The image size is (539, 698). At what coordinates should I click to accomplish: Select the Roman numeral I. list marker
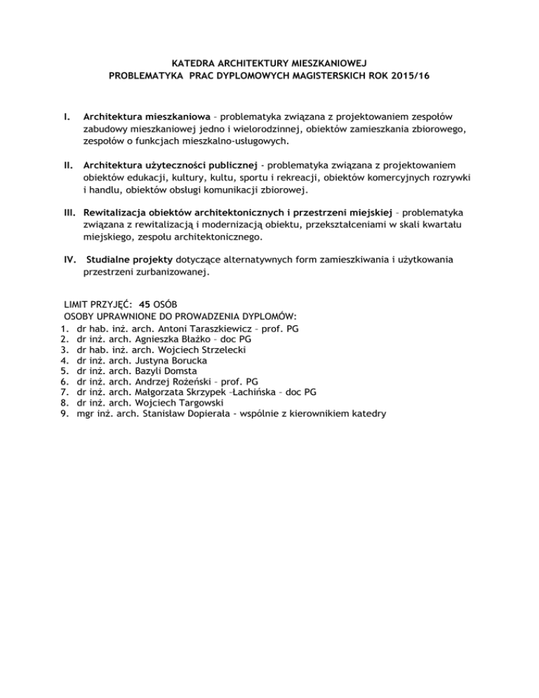pyautogui.click(x=66, y=115)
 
